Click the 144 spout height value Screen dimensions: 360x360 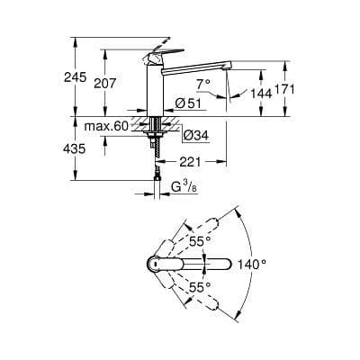pos(261,94)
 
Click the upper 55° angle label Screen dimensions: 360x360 pos(199,241)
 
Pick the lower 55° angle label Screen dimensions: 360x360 pos(199,286)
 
